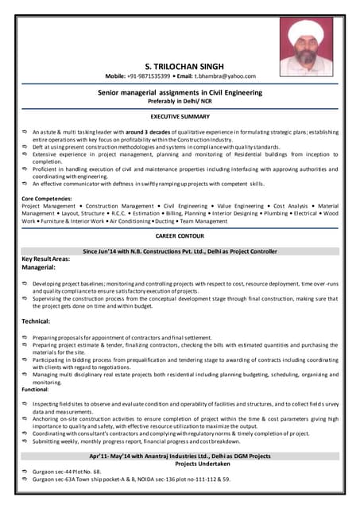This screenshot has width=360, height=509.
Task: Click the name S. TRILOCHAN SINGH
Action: click(x=180, y=65)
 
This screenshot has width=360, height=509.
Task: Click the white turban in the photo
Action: click(x=306, y=33)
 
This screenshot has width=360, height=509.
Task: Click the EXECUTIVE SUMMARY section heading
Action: click(x=180, y=117)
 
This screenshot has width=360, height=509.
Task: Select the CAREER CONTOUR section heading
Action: click(x=180, y=236)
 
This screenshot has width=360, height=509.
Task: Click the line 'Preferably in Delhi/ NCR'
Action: click(x=180, y=101)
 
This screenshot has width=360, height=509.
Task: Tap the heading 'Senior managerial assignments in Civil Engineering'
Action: click(x=180, y=92)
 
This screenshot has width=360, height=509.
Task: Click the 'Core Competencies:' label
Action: click(x=49, y=198)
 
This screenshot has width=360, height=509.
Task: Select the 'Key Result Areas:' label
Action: click(x=51, y=260)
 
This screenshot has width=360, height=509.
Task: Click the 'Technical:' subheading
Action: click(x=37, y=321)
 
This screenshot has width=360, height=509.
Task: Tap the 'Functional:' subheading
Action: click(x=35, y=390)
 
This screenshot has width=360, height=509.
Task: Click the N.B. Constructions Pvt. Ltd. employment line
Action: click(x=180, y=251)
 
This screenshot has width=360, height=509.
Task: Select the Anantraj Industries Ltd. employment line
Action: click(x=180, y=457)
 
